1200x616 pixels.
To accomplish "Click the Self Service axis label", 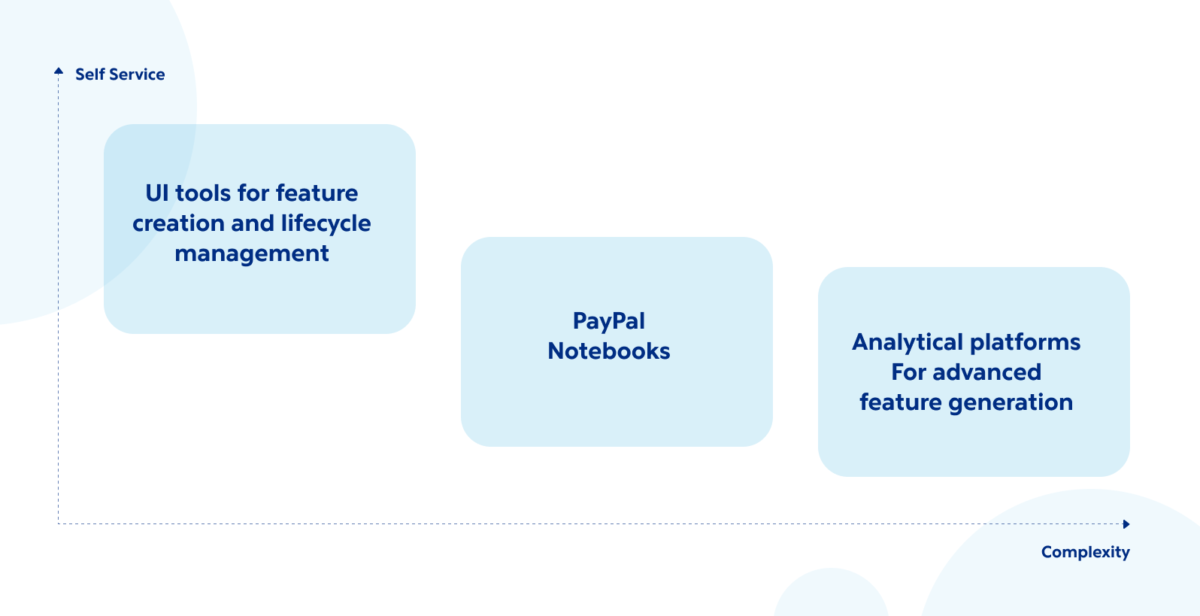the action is pyautogui.click(x=120, y=74).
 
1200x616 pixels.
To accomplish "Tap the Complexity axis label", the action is pyautogui.click(x=1085, y=552).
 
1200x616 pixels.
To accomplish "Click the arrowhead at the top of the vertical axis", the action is pyautogui.click(x=59, y=71).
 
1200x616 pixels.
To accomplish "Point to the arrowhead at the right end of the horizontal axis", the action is pyautogui.click(x=1126, y=524).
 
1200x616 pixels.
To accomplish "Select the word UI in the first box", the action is pyautogui.click(x=156, y=193).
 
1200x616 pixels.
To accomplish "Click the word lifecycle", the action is pyautogui.click(x=326, y=223).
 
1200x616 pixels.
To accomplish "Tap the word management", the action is pyautogui.click(x=252, y=254).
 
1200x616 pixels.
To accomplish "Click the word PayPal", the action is pyautogui.click(x=608, y=321).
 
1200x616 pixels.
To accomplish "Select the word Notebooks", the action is pyautogui.click(x=608, y=351).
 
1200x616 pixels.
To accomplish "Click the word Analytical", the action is pyautogui.click(x=908, y=342).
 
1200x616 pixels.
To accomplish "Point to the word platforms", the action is pyautogui.click(x=1025, y=342).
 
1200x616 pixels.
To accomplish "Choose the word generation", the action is pyautogui.click(x=1011, y=402).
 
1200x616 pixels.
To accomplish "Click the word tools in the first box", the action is pyautogui.click(x=203, y=193).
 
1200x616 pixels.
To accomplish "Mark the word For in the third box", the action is pyautogui.click(x=908, y=372).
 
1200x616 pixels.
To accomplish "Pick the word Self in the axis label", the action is pyautogui.click(x=89, y=74).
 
